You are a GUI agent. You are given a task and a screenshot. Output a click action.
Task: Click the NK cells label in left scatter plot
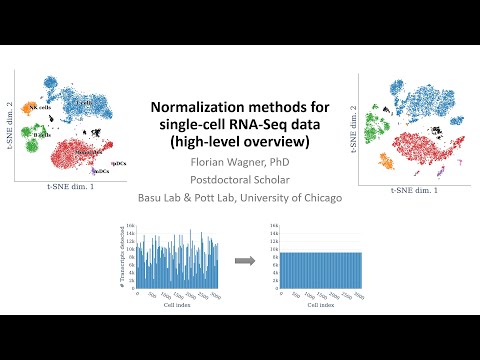coord(41,106)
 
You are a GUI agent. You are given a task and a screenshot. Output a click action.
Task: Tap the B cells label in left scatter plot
coord(41,134)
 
